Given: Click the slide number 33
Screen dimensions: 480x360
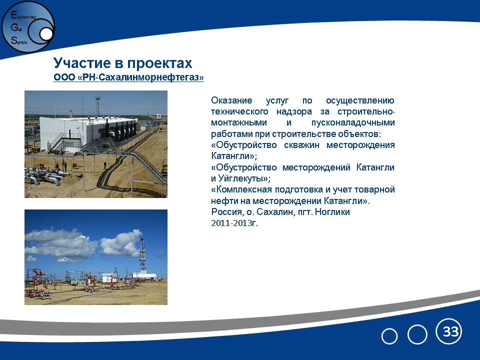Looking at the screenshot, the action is coord(450,331).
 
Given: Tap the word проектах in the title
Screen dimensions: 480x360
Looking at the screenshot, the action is coord(159,63).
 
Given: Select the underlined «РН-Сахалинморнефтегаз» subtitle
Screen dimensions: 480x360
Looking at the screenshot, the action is coord(141,77).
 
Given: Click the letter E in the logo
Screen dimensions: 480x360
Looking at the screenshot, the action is coord(14,14).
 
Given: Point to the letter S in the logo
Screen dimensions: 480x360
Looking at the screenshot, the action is coord(14,40).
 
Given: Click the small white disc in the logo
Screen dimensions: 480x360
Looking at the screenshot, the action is coord(46,34).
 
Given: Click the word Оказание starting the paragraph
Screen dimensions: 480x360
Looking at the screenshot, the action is coord(231,100).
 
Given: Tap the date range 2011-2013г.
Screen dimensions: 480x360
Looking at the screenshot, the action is coord(234,223).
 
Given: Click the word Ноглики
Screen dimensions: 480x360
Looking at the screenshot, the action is coord(332,212).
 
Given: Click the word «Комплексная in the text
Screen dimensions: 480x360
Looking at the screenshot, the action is coord(241,190).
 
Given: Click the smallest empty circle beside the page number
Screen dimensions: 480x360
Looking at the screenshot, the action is coord(389,336).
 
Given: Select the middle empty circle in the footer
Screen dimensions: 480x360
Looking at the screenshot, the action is coord(417,334).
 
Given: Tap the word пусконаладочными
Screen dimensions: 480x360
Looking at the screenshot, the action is coord(353,123).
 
